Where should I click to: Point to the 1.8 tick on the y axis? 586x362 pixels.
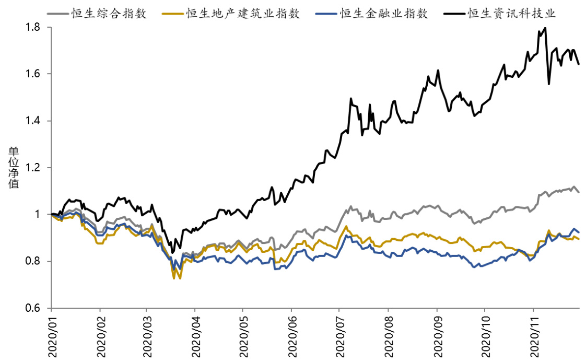click(34, 27)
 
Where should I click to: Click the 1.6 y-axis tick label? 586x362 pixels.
click(34, 74)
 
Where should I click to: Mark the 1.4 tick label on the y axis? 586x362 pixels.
click(34, 121)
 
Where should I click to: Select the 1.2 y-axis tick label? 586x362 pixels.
click(34, 168)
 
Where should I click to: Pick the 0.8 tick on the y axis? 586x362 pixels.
click(34, 261)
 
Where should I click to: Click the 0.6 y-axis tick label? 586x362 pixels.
click(34, 308)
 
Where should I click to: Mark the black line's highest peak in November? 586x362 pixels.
click(545, 28)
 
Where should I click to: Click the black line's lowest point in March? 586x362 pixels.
click(172, 253)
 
